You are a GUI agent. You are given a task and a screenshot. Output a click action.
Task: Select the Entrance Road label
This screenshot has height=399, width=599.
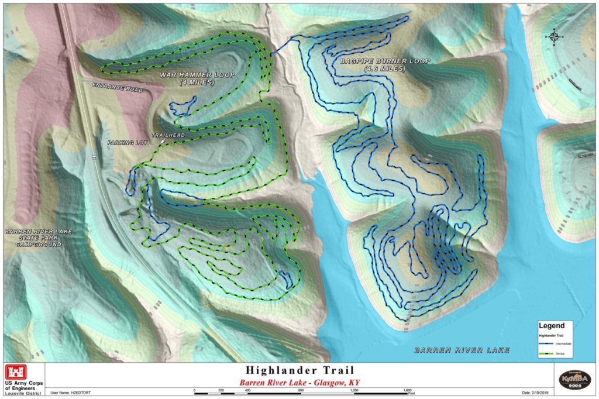click(x=117, y=87)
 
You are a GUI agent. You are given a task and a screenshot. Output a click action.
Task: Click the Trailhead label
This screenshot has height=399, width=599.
click(x=168, y=135)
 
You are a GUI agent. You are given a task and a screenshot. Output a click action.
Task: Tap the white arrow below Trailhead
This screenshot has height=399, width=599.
click(x=162, y=141)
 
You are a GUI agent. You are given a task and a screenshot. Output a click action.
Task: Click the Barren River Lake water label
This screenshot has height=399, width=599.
click(x=462, y=350)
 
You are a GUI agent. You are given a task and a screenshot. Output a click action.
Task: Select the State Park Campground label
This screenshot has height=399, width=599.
click(x=38, y=238)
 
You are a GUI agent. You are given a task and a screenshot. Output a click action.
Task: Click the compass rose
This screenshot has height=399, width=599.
click(x=553, y=37)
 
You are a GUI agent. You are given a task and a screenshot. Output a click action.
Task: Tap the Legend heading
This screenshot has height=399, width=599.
click(x=552, y=326)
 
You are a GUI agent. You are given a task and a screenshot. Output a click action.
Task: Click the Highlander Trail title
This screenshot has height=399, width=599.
click(x=299, y=370)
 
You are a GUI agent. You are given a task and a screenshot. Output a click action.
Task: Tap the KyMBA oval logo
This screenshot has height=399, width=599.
click(x=574, y=378)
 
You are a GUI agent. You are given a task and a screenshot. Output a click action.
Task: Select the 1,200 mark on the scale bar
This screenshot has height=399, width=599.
click(x=355, y=390)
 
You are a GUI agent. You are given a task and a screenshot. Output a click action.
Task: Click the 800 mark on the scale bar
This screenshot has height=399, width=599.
click(x=301, y=390)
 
